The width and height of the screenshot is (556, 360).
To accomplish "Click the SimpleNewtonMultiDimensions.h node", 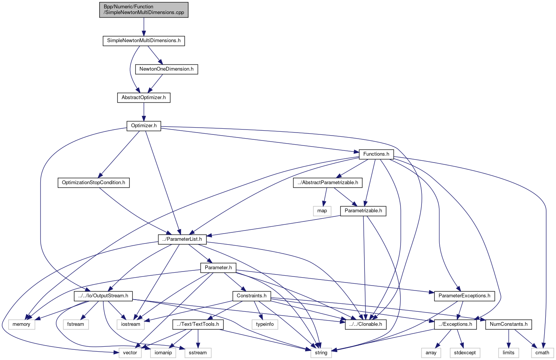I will point(144,41).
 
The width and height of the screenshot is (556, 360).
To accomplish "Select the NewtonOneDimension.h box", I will point(166,69).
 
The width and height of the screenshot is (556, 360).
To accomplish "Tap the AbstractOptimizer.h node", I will point(144,98).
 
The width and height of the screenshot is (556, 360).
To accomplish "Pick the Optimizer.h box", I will point(144,126).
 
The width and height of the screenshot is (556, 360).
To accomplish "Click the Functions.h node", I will point(376,154).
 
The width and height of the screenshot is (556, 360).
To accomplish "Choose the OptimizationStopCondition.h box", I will point(93,183).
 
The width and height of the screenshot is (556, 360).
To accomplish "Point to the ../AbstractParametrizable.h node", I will point(328,183).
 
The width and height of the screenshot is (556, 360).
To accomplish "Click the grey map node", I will point(322,211).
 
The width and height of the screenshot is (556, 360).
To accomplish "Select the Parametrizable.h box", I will point(363,211).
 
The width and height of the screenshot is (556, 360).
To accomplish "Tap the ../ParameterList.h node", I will point(182,239).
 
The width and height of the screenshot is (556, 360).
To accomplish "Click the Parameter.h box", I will point(218,268).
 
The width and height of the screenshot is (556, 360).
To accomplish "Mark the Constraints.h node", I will point(252,296).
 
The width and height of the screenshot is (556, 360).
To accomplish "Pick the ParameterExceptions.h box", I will point(464,296).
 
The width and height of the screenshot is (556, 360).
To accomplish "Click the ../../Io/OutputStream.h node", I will point(103,296).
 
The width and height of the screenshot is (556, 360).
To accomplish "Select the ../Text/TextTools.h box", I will point(198,324).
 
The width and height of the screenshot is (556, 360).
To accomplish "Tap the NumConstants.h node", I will point(508,324).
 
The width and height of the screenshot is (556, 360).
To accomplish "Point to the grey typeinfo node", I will point(265,324).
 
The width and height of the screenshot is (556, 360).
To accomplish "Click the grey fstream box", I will point(76,324).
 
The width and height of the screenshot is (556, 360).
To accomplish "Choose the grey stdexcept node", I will point(465,353).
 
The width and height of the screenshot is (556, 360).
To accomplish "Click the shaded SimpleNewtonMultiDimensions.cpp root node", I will point(144,9).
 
